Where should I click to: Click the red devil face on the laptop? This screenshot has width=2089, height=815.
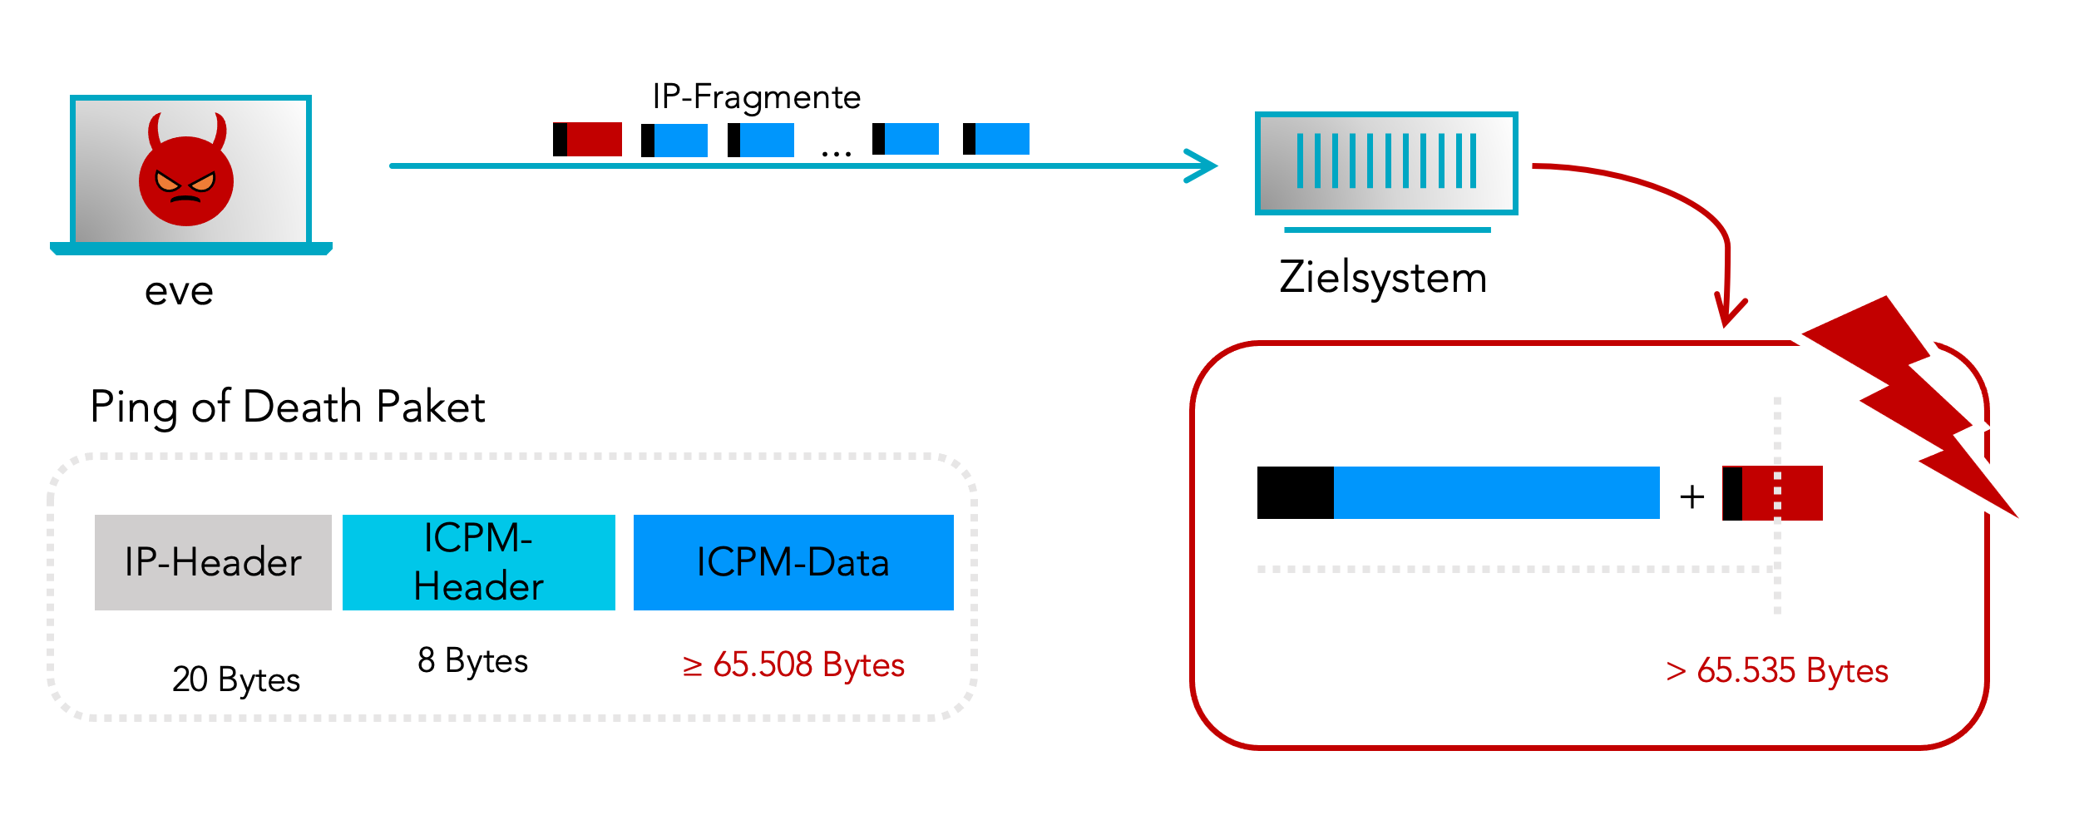coord(185,179)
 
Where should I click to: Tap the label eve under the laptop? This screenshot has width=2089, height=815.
coord(179,291)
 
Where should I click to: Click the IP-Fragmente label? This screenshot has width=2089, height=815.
coord(756,97)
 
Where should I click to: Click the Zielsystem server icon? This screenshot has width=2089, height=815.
coord(1386,163)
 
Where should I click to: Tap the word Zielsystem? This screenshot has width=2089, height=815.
coord(1383,277)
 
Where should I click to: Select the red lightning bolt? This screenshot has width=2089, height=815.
coord(1913,399)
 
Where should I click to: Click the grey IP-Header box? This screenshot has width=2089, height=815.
coord(213,562)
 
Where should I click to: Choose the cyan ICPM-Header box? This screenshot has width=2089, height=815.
coord(478,562)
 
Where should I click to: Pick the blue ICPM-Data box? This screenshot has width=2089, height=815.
coord(793,562)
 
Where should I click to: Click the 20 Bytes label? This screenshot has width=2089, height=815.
coord(236,679)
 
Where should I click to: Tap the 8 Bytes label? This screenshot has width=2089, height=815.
coord(472,660)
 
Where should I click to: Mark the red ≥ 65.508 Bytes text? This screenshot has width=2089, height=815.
coord(793,665)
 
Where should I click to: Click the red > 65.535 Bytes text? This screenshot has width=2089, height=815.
coord(1777,670)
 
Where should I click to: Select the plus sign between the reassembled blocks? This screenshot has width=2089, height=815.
coord(1692,496)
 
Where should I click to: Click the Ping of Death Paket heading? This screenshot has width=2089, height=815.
coord(288,407)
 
